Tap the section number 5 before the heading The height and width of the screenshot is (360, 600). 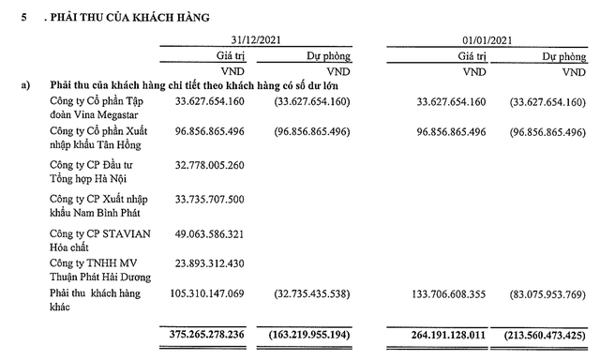pyautogui.click(x=25, y=17)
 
